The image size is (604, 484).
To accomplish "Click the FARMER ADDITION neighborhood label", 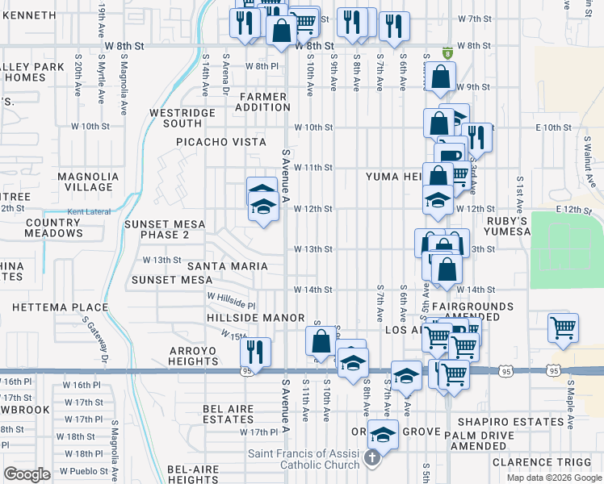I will click(x=263, y=102).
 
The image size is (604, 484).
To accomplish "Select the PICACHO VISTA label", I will click(x=221, y=142).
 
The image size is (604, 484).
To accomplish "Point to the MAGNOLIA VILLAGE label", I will click(x=88, y=181).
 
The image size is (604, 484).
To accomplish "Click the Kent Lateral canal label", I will click(x=87, y=212).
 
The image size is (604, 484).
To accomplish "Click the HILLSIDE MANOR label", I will click(x=255, y=319).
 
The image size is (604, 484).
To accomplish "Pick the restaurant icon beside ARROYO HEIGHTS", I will click(x=255, y=353).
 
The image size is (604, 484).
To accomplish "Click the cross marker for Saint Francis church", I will click(x=371, y=459).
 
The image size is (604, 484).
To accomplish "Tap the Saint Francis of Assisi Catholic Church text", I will click(x=310, y=459).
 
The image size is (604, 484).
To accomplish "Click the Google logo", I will click(x=27, y=474).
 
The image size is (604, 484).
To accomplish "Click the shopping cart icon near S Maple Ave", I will click(x=564, y=328).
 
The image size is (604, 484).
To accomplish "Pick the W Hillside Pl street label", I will click(x=231, y=301).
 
